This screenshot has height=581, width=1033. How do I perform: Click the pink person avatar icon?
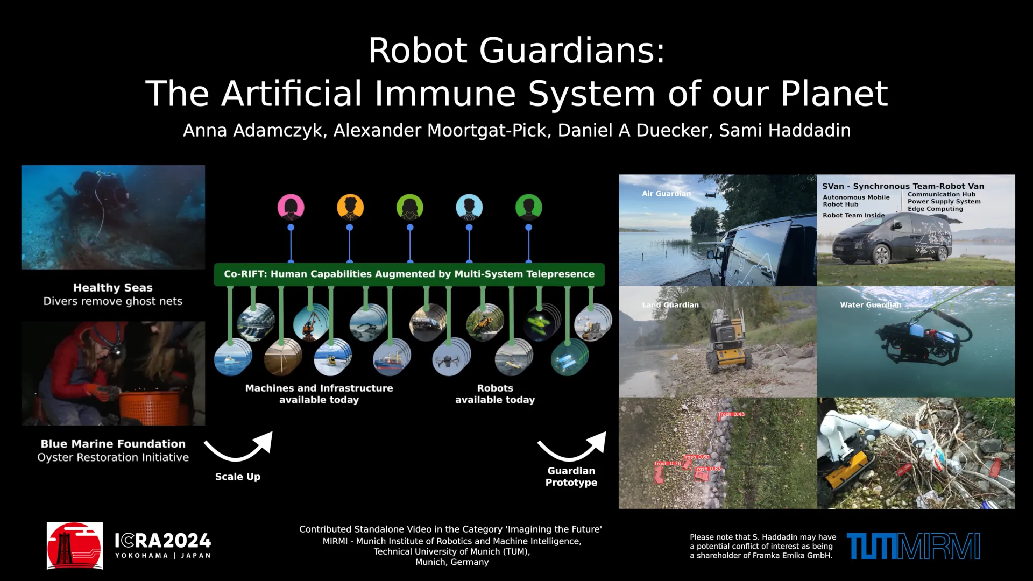coord(291,207)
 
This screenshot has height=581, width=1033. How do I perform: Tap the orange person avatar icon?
coord(350,207)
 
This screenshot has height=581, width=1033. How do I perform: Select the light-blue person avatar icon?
coord(469,207)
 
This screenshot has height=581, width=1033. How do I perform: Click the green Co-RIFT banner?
coord(409,274)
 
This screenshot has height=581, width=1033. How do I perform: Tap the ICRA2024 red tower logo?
coord(75,545)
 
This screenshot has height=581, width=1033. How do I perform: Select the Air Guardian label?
coord(666,194)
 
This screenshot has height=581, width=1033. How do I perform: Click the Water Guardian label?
coord(870,305)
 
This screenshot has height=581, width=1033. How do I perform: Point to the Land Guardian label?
coord(670,305)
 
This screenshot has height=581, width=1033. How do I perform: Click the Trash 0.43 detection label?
coord(732,414)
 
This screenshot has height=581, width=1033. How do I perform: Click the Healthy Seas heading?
coord(113,288)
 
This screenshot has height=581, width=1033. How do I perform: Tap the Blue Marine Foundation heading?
coord(113,444)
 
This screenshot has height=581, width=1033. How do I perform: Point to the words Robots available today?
coord(495,394)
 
